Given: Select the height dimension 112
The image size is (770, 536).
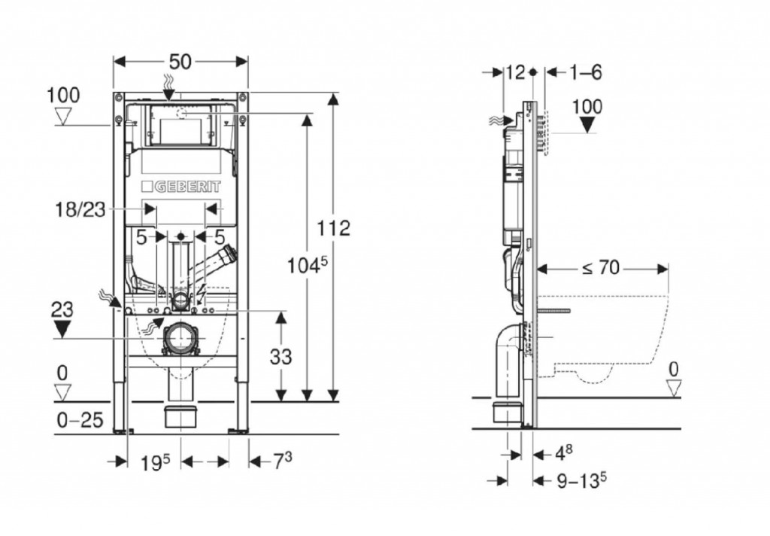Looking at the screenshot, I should click(335, 227).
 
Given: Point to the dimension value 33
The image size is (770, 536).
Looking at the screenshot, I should click(280, 356).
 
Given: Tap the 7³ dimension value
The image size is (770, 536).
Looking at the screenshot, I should click(281, 461).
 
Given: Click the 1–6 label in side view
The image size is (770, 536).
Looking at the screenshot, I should click(585, 72).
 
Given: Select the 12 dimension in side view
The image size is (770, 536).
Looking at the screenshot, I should click(515, 72).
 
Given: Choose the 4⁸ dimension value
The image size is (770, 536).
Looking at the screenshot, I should click(564, 455).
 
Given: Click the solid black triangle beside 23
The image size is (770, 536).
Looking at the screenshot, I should click(62, 328).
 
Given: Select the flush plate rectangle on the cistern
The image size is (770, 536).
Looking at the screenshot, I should click(178, 126).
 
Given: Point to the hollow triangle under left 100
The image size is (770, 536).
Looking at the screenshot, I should click(63, 116).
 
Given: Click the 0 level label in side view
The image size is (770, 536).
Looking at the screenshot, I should click(674, 369).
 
